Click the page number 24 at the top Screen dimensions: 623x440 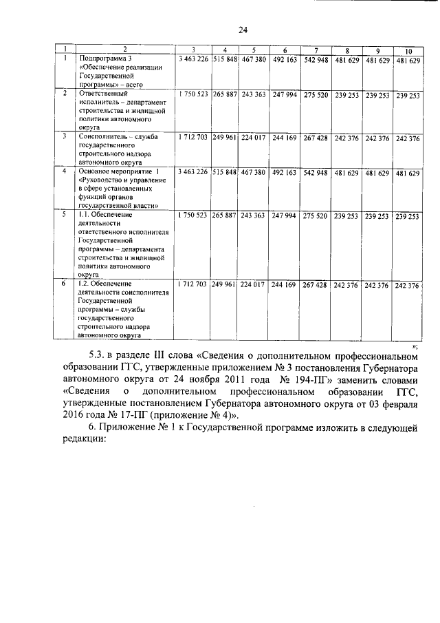pyautogui.click(x=243, y=30)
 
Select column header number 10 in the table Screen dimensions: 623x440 pyautogui.click(x=408, y=52)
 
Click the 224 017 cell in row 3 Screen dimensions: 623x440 pyautogui.click(x=253, y=138)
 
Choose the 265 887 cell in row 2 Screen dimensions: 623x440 pyautogui.click(x=224, y=94)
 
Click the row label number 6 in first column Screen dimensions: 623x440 pyautogui.click(x=63, y=284)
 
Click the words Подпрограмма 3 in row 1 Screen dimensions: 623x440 pyautogui.click(x=104, y=59)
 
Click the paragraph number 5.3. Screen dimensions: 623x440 pyautogui.click(x=98, y=357)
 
